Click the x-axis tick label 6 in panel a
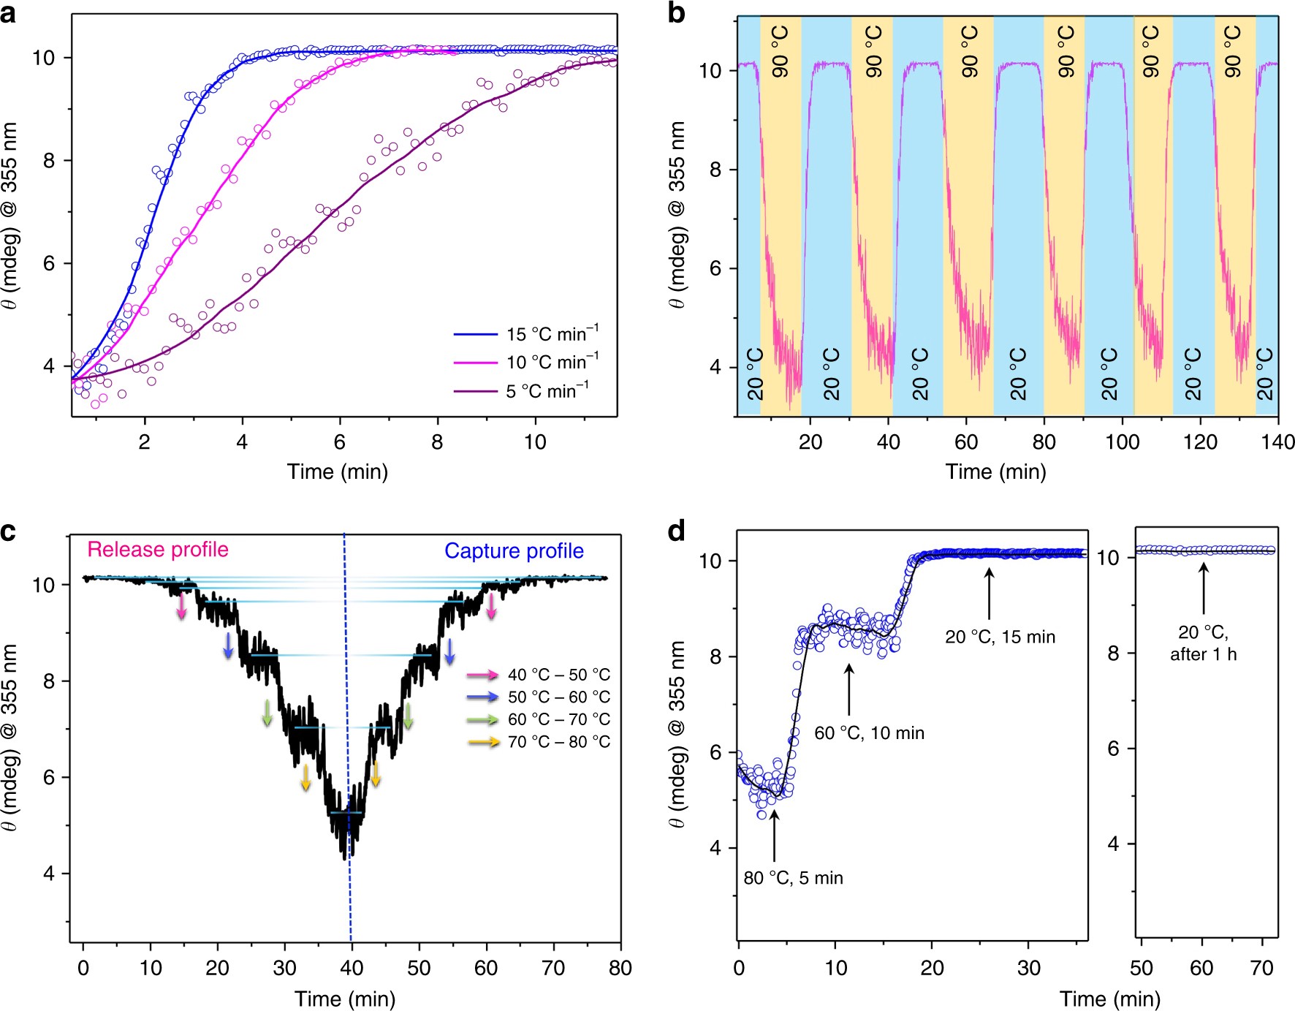[x=340, y=442]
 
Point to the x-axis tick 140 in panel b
[x=1277, y=442]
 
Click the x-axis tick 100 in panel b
[x=1122, y=442]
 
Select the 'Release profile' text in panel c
[x=158, y=550]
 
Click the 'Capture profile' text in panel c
[x=514, y=551]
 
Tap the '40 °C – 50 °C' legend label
[x=559, y=675]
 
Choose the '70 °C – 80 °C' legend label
[x=559, y=742]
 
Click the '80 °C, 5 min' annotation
[x=793, y=878]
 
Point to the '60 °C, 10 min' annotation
[x=869, y=733]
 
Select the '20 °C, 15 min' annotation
[x=1000, y=637]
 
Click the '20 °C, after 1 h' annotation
[x=1203, y=643]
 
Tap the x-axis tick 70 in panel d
[x=1262, y=969]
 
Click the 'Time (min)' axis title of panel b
[x=995, y=472]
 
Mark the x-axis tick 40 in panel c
[x=352, y=969]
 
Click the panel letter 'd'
[x=677, y=531]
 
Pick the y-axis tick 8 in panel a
[x=49, y=161]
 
